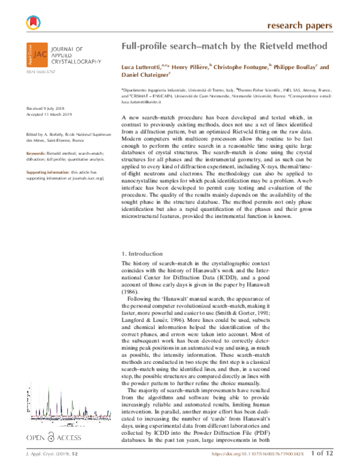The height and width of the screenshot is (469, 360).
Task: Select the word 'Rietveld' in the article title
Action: pos(264,46)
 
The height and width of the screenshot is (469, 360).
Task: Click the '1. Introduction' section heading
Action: pos(143,254)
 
